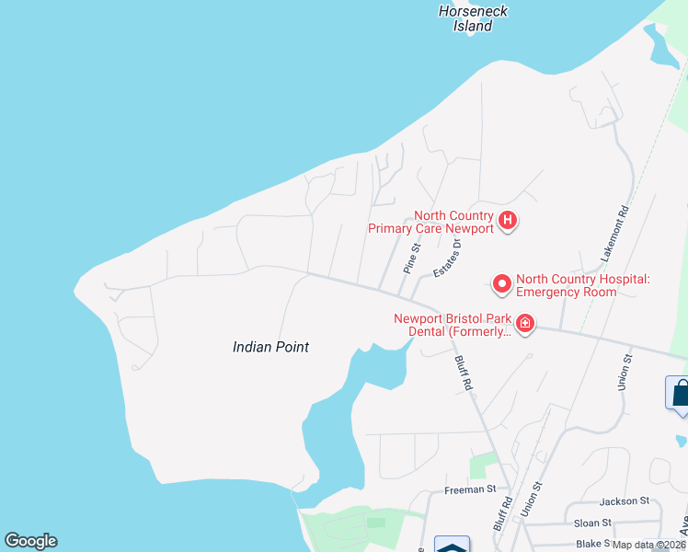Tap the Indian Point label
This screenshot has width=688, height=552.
tap(270, 347)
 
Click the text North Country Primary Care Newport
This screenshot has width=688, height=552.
tap(430, 222)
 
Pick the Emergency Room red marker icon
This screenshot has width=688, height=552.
tap(502, 285)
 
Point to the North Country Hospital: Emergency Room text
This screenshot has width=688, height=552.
tap(583, 285)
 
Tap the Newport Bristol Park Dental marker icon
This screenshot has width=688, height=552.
tap(525, 323)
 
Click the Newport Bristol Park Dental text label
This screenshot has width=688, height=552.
tap(452, 325)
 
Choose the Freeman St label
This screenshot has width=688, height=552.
tap(470, 489)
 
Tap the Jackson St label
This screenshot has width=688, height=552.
tap(624, 501)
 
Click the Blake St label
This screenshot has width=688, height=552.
tap(593, 544)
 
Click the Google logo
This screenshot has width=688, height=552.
tap(30, 541)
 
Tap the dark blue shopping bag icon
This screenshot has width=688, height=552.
tap(679, 394)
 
